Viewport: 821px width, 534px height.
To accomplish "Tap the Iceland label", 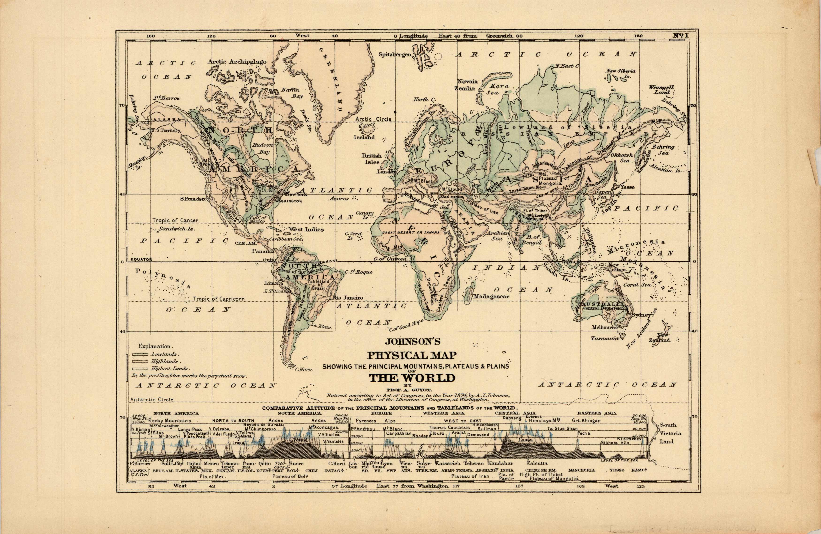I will click(364, 137).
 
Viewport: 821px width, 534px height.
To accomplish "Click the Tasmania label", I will click(604, 338).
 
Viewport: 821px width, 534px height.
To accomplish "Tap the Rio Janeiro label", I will click(348, 297).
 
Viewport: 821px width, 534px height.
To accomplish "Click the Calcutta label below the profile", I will click(537, 463).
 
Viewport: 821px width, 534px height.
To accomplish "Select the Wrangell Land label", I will click(661, 90).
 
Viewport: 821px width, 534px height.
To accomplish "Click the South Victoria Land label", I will click(668, 433).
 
